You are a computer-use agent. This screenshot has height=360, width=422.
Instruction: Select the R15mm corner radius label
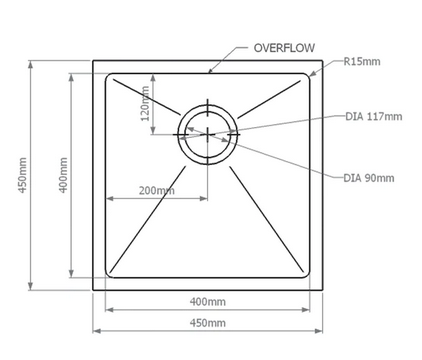tap(362, 61)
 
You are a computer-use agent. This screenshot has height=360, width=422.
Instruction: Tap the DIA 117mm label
tap(372, 117)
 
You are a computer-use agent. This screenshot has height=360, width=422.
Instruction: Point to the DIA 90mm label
tap(369, 178)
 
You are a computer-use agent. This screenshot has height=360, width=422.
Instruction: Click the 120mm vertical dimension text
tap(144, 103)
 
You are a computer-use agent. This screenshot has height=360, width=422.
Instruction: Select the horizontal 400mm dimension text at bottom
tap(207, 301)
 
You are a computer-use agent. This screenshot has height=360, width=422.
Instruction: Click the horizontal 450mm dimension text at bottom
tap(207, 322)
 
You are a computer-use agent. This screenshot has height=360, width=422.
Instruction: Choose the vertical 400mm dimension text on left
tap(62, 176)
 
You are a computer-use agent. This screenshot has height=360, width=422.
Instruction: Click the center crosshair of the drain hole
tap(208, 131)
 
